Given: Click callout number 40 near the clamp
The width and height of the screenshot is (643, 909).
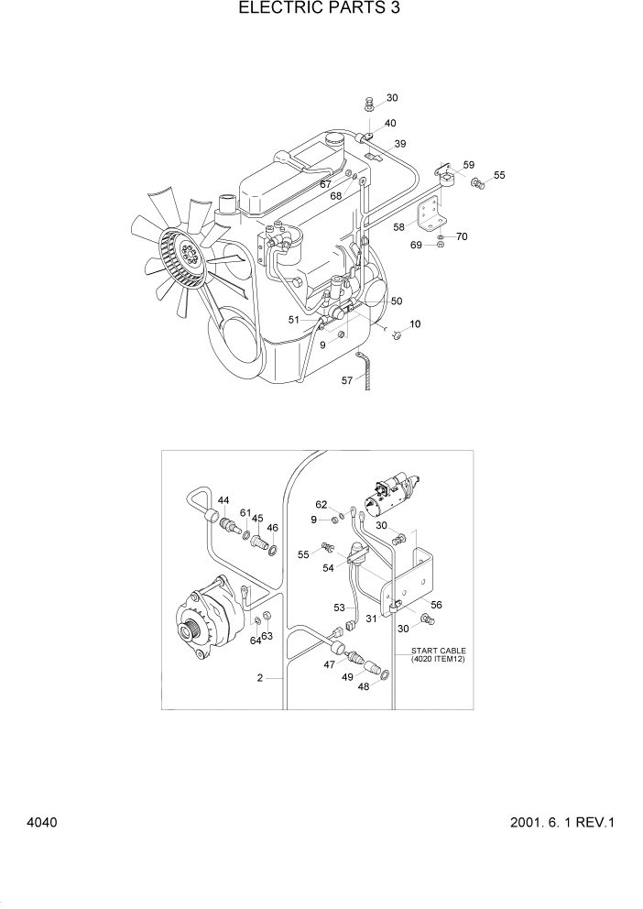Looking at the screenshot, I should point(390,123).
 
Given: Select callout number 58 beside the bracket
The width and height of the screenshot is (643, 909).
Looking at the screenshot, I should point(398,226).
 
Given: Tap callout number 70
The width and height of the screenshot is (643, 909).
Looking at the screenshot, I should point(462,236).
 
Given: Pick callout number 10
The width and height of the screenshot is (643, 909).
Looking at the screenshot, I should point(415,324).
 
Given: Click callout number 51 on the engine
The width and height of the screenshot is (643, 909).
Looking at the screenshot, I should point(294,320).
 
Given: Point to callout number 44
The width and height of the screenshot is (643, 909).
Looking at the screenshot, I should point(223,501).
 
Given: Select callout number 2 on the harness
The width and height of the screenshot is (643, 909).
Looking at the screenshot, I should point(260,679).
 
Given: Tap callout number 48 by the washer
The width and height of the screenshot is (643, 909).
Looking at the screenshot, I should point(363,685).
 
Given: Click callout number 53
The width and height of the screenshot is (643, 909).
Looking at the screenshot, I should point(338,608).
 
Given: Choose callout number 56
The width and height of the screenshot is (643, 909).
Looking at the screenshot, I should point(436,605).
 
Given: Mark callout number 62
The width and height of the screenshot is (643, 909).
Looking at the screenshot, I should point(321,504).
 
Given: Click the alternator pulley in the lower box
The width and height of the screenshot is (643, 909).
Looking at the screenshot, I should point(193,631).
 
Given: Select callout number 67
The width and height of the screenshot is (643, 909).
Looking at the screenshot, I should point(325,184).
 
